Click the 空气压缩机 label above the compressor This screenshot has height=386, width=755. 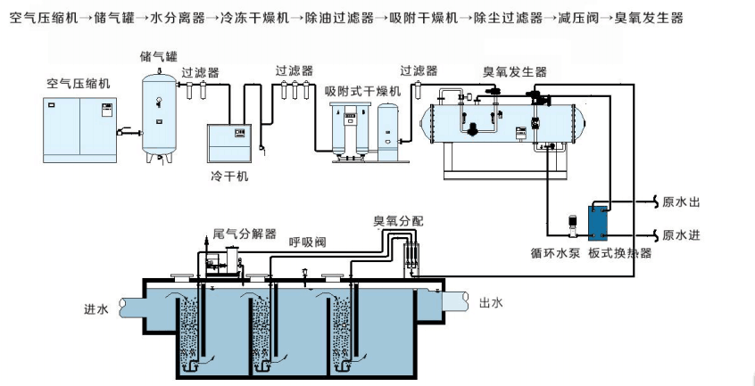pos(78,82)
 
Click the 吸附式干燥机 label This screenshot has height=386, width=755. pos(362,91)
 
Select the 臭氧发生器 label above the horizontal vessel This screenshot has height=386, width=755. pos(515,72)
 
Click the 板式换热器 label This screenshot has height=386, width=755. pos(619,253)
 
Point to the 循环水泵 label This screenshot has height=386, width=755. pos(554,253)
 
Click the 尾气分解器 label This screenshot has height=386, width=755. pos(245,234)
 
